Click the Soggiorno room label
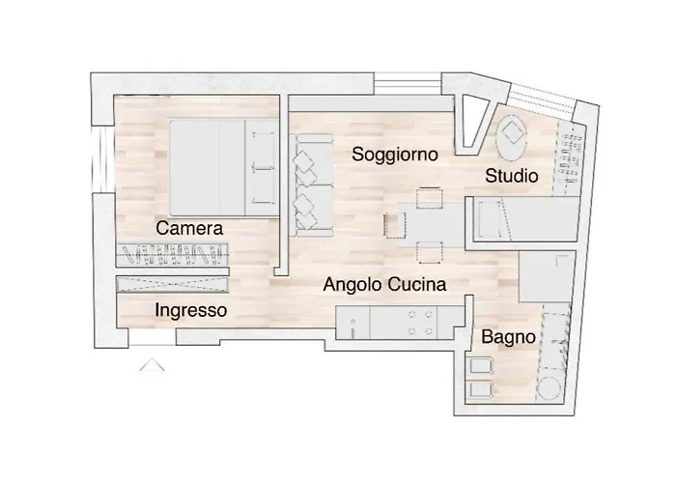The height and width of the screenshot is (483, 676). click(x=394, y=155)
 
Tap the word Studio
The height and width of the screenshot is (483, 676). click(x=511, y=176)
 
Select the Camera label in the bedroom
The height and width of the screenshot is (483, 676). click(x=189, y=228)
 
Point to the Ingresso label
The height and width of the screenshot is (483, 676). click(x=190, y=310)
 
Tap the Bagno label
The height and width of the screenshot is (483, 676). click(x=508, y=337)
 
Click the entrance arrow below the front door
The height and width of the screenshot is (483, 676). click(x=152, y=364)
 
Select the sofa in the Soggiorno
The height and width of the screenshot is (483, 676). click(x=311, y=185)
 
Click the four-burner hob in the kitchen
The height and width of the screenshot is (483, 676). click(x=420, y=323)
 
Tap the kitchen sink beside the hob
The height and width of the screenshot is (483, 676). click(x=353, y=323)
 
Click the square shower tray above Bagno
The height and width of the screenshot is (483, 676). click(x=548, y=276)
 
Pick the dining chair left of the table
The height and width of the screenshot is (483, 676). click(x=395, y=225)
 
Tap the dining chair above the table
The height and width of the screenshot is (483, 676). click(x=430, y=198)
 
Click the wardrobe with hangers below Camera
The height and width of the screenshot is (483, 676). click(x=172, y=254)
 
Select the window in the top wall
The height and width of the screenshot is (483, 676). click(x=408, y=84)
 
